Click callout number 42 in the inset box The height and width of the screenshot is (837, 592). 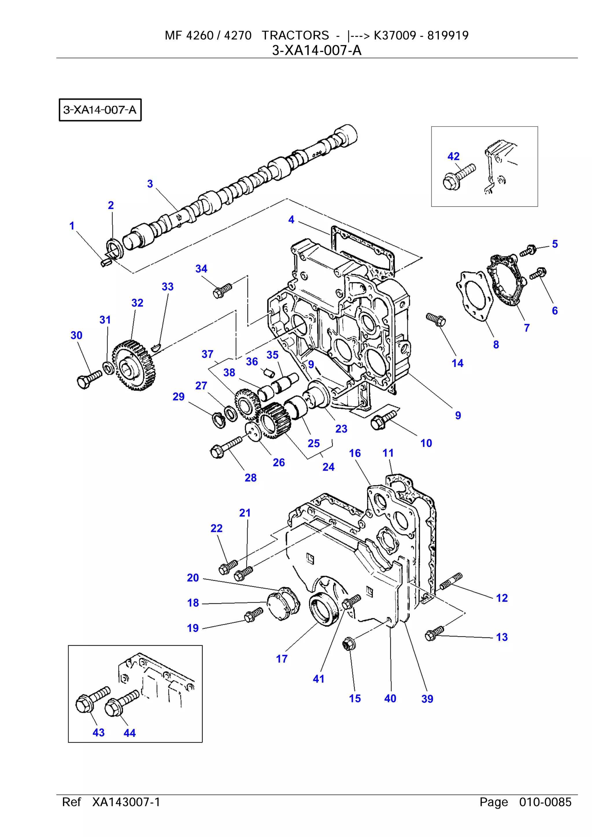[x=453, y=156]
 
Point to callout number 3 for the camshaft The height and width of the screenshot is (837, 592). [x=150, y=184]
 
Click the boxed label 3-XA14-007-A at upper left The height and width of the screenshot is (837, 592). [x=100, y=110]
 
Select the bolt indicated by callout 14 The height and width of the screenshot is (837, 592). [x=436, y=319]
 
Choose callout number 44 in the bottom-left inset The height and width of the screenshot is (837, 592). [x=129, y=733]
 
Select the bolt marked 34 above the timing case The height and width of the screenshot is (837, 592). [x=222, y=290]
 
